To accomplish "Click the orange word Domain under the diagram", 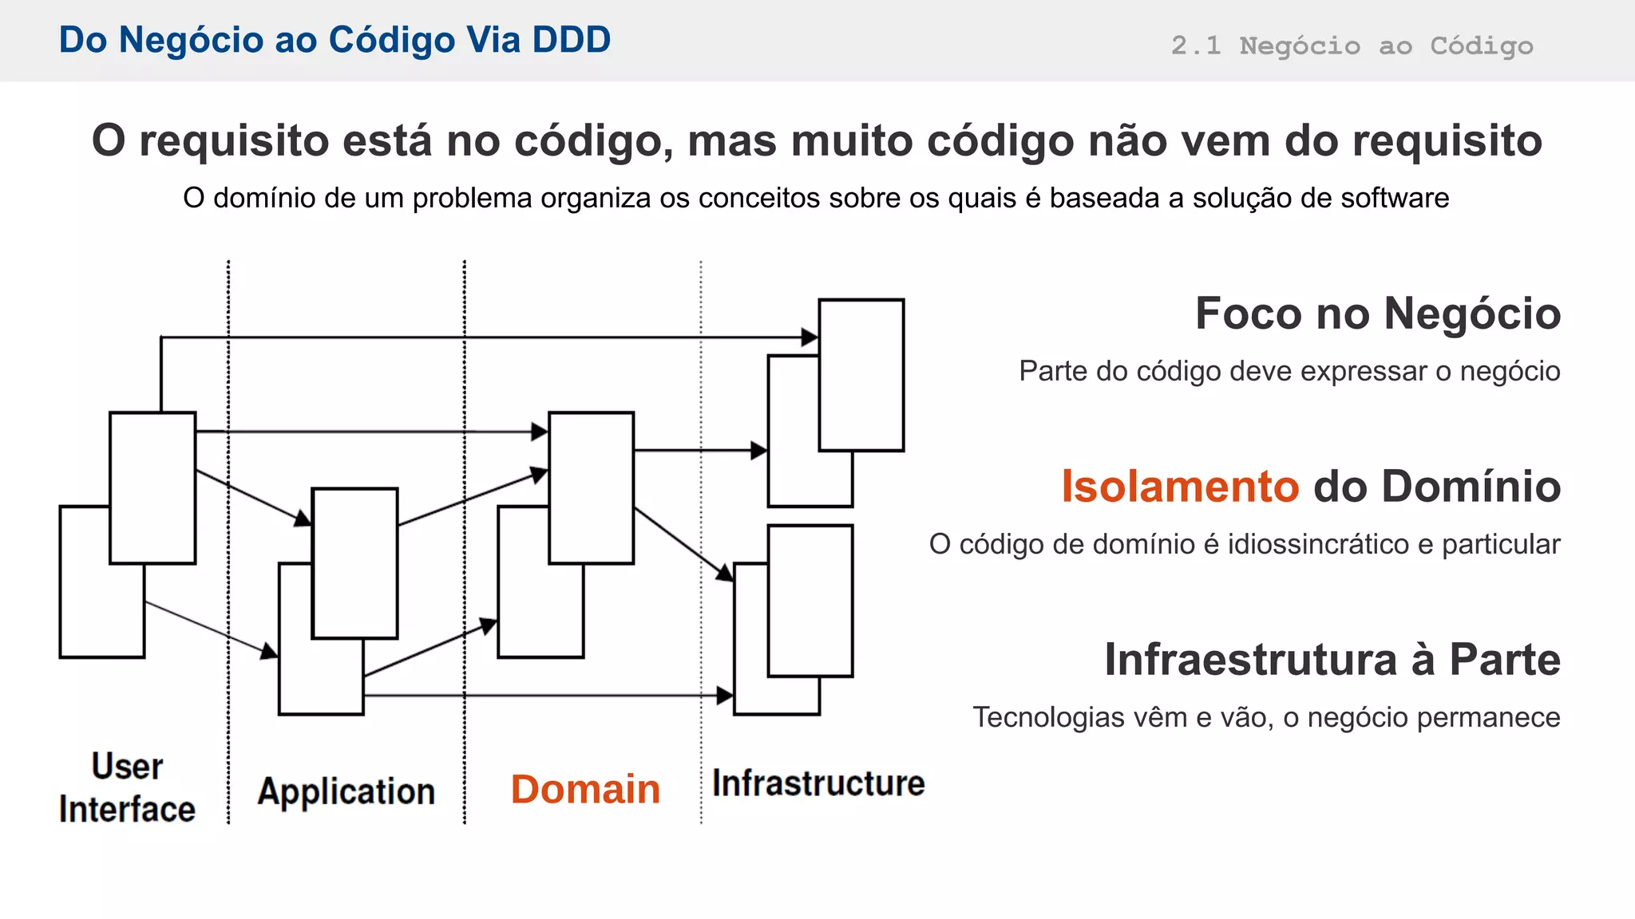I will click(x=585, y=790).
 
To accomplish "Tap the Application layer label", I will click(x=346, y=792).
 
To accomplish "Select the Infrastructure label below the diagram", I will click(x=818, y=783).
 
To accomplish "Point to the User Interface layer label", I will click(x=127, y=787).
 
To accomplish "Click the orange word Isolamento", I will click(x=1180, y=487).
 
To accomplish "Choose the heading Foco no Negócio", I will click(x=1377, y=314).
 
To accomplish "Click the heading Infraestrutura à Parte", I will click(x=1332, y=660).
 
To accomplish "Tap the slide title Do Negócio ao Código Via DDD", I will click(x=335, y=40).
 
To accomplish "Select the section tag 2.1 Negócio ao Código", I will click(x=1352, y=45).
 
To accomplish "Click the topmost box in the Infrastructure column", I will click(x=861, y=375).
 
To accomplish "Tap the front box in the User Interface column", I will click(x=152, y=488).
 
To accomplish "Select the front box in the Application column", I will click(x=354, y=563).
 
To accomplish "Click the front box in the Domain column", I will click(x=592, y=488).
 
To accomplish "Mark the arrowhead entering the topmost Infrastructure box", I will click(x=810, y=337).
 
